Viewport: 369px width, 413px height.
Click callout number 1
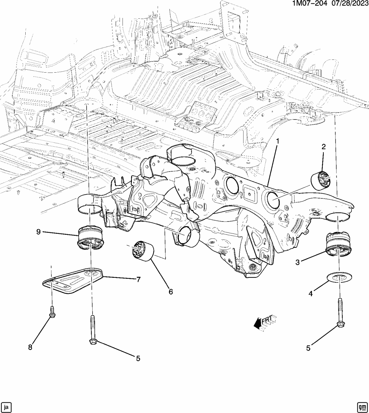(277, 141)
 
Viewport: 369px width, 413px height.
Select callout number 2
(323, 147)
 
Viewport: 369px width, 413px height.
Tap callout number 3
(297, 262)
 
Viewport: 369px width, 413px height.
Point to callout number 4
(310, 294)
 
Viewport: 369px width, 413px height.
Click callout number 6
(171, 292)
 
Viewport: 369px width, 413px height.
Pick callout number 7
(138, 279)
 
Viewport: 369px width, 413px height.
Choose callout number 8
(30, 347)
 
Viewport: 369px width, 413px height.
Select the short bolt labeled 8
(52, 311)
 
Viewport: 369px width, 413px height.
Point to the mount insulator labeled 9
(90, 237)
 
